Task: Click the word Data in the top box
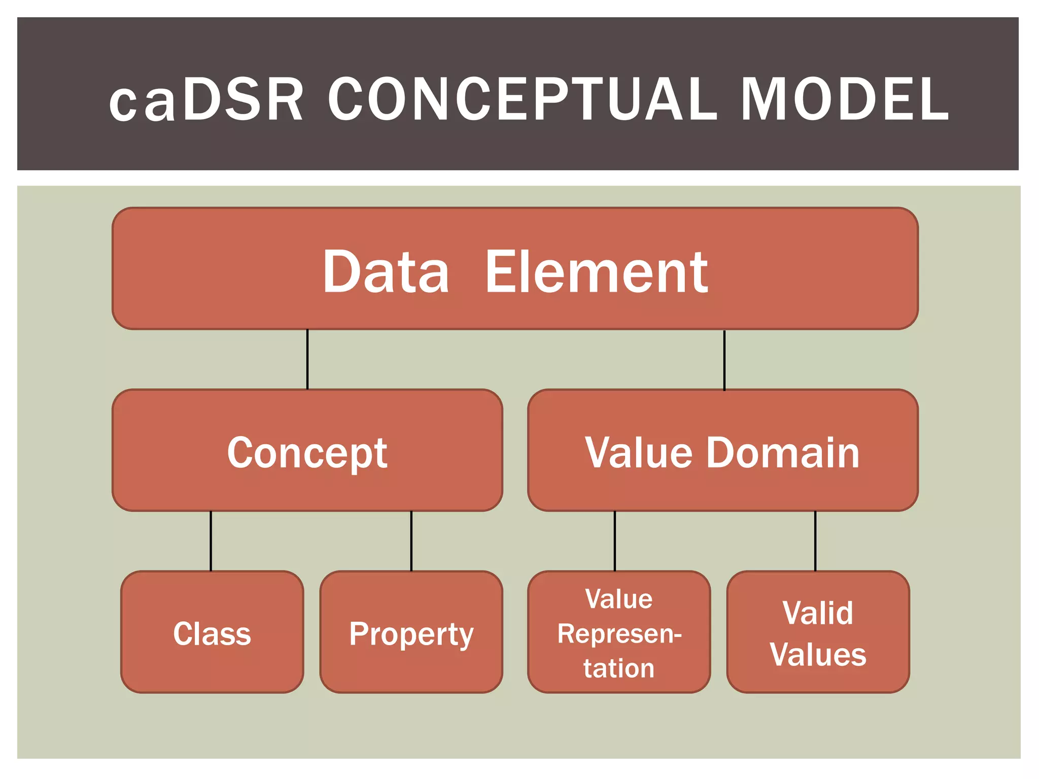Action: (386, 272)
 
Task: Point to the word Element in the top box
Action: (596, 272)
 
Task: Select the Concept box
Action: (307, 450)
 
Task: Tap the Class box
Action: (212, 632)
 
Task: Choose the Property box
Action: (411, 632)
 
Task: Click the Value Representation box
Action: (619, 632)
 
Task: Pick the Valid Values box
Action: (818, 632)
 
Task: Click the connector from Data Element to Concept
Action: (307, 360)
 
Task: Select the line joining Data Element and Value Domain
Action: (724, 360)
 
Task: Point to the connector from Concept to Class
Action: (211, 541)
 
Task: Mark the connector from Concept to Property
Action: (411, 541)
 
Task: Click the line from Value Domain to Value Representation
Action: (615, 541)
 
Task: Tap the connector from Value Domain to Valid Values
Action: (815, 541)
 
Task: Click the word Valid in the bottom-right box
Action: (817, 613)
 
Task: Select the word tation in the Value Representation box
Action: (619, 668)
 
